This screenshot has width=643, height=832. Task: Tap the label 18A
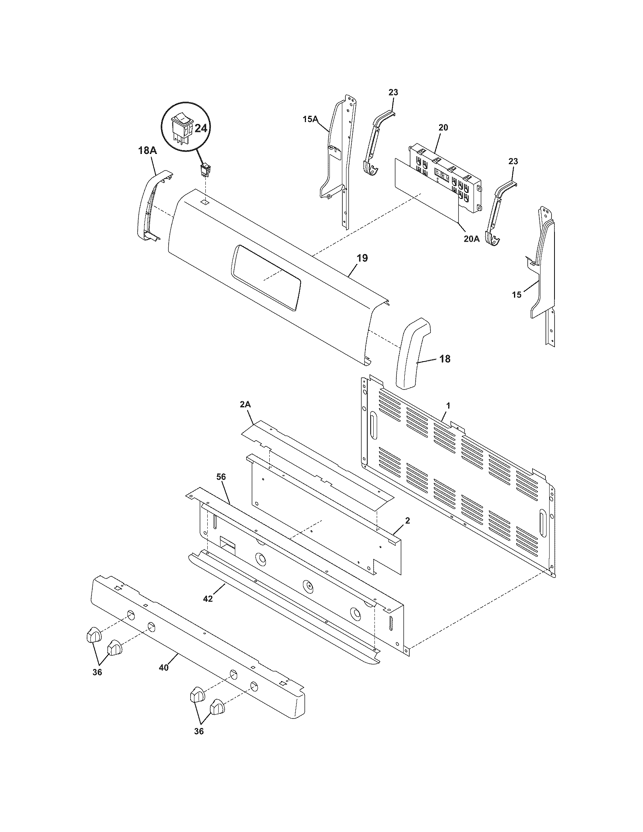click(148, 151)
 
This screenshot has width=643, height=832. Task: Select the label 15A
click(310, 119)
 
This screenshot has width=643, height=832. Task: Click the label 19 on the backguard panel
click(362, 258)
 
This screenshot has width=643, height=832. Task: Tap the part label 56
click(221, 477)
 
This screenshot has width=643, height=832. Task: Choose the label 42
click(208, 599)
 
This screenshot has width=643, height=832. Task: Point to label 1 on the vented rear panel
click(448, 406)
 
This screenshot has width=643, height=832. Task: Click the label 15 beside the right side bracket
click(517, 295)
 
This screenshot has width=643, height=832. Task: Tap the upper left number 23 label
click(393, 92)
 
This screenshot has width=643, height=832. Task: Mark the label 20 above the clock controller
click(443, 127)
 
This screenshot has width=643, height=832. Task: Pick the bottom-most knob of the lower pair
click(217, 708)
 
